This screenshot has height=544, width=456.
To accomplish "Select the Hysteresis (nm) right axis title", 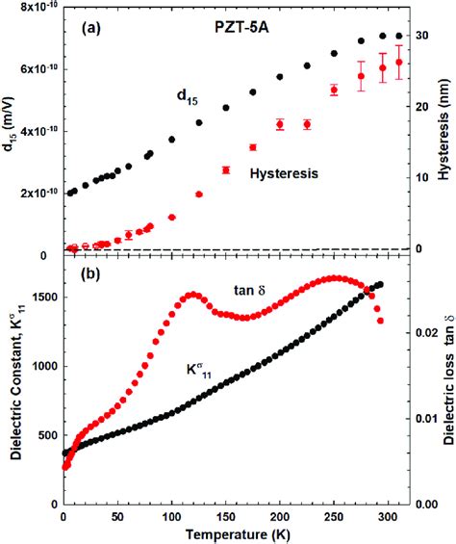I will tap(443, 130).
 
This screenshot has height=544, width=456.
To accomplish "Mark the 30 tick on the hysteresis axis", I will tap(418, 36).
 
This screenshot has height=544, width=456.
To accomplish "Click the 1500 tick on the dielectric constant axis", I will tap(38, 298).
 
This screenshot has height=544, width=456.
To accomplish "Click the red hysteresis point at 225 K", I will tap(307, 124).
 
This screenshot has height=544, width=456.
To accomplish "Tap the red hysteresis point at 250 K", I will tap(334, 91).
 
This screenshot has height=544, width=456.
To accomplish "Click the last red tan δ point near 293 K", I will tap(380, 321).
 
